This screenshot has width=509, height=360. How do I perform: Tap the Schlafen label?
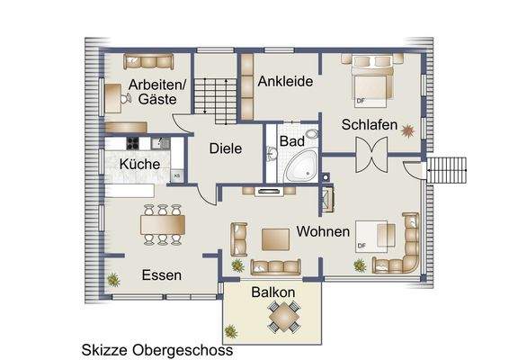point(369,125)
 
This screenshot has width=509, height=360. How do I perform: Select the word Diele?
point(226,149)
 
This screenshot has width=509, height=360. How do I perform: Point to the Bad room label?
point(291,141)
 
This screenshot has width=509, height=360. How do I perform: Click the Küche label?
point(139,165)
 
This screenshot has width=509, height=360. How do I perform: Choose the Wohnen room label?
point(323,232)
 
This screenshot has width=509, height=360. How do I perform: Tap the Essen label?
point(162,275)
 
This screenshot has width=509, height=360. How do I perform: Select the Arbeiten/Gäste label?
point(156,92)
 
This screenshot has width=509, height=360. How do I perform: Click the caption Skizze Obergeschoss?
point(157,349)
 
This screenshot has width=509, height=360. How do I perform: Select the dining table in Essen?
point(162,223)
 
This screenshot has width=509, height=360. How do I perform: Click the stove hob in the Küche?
point(132,142)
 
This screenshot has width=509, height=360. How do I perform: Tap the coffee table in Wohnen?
point(274,238)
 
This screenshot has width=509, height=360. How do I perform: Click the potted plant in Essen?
point(113,279)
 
